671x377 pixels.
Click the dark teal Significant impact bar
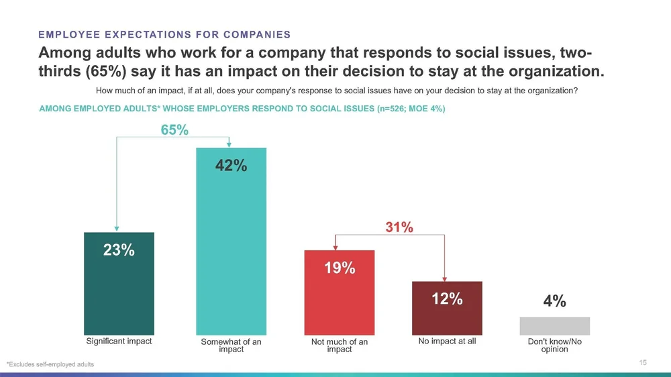(119, 295)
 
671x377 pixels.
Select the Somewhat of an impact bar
(231, 255)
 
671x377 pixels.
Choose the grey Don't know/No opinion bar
(554, 326)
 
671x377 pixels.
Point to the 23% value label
(119, 251)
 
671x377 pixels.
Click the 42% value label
(231, 165)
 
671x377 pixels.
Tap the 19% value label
(339, 268)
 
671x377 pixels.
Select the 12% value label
(446, 299)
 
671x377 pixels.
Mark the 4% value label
(554, 302)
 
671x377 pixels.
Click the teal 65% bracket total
(174, 130)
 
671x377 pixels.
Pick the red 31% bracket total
(399, 228)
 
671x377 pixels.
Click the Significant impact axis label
(119, 341)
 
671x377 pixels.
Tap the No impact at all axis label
(447, 341)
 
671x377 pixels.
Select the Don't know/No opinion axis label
(554, 345)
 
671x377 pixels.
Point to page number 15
(643, 363)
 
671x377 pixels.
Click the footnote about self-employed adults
(50, 364)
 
